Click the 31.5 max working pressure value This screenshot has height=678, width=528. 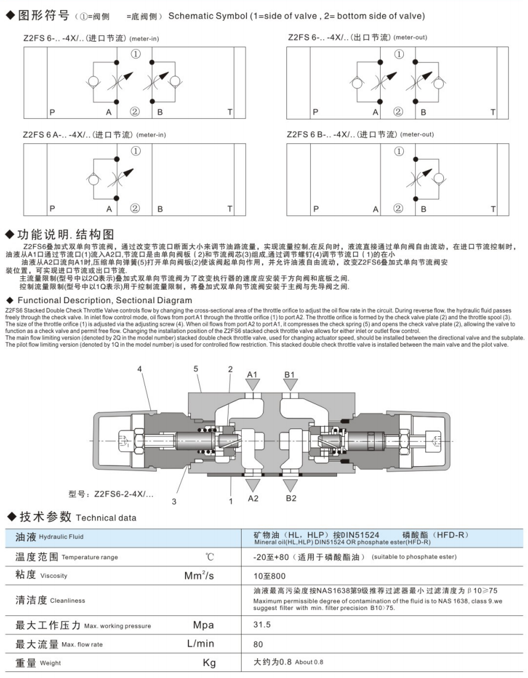pyautogui.click(x=262, y=625)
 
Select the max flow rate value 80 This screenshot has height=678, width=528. pyautogui.click(x=258, y=644)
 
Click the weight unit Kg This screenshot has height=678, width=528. pyautogui.click(x=209, y=662)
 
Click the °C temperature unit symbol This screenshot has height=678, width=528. pyautogui.click(x=209, y=557)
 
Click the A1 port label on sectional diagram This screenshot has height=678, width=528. pyautogui.click(x=252, y=374)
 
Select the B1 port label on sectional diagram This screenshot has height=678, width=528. pyautogui.click(x=290, y=374)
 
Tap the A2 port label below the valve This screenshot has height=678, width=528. pyautogui.click(x=253, y=498)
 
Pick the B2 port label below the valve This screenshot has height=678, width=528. pyautogui.click(x=291, y=498)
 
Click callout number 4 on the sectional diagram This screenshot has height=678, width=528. pyautogui.click(x=140, y=369)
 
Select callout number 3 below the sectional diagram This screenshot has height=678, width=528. pyautogui.click(x=174, y=501)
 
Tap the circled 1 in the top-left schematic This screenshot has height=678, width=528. pyautogui.click(x=135, y=54)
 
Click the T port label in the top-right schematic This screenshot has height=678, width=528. pyautogui.click(x=493, y=112)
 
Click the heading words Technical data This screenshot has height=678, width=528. pyautogui.click(x=106, y=517)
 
